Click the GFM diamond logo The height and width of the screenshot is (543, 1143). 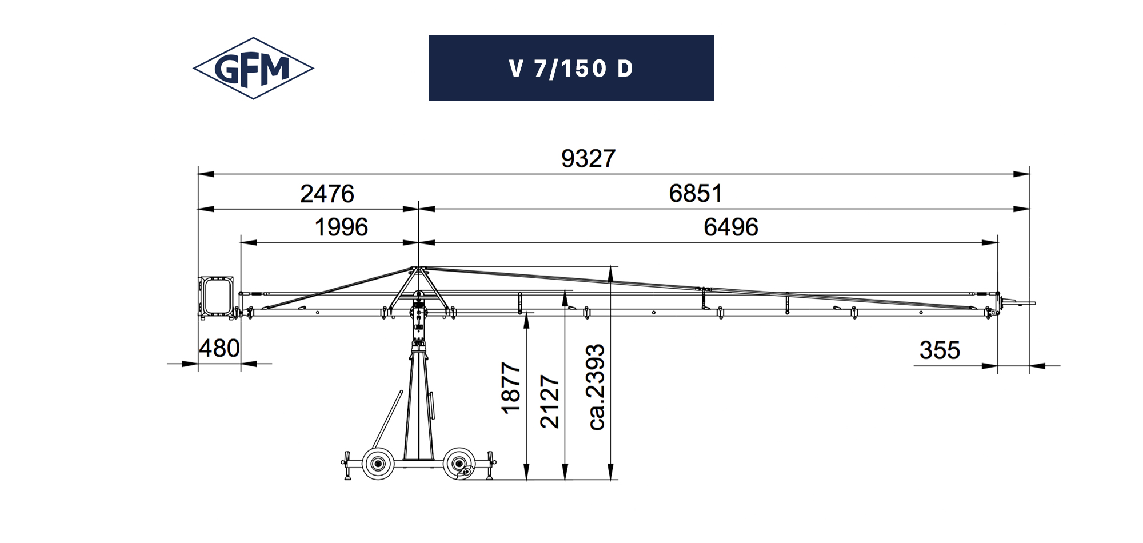click(x=253, y=69)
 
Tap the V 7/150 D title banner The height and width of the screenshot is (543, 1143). click(x=571, y=69)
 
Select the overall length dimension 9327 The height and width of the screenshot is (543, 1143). click(x=588, y=159)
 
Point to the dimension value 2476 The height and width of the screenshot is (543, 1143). click(x=327, y=194)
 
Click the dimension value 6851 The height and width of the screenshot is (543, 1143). click(x=696, y=193)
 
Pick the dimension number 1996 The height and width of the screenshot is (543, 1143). click(x=342, y=227)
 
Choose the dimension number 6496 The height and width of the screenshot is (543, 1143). click(x=731, y=227)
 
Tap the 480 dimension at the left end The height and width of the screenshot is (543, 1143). click(x=219, y=348)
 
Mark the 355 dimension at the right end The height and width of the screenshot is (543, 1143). click(x=940, y=350)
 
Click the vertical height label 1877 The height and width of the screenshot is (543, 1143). click(x=511, y=388)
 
